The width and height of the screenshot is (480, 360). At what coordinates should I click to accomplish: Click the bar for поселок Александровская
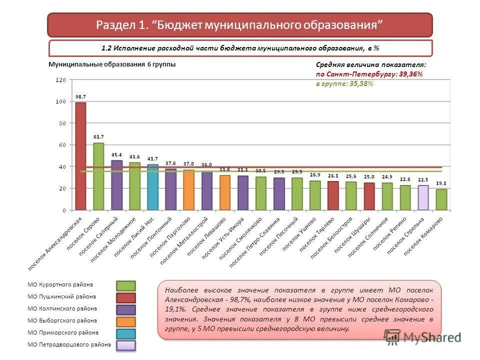80,156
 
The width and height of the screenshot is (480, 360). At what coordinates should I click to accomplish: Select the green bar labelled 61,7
98,176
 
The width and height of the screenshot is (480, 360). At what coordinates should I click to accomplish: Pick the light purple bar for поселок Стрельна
423,197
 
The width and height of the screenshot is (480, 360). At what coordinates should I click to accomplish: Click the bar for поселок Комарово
441,199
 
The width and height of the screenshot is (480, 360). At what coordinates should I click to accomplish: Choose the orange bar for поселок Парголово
188,189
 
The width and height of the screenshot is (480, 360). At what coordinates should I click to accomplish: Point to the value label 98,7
80,96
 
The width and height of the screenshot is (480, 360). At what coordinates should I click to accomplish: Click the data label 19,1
441,183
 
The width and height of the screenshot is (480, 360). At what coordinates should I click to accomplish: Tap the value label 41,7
152,158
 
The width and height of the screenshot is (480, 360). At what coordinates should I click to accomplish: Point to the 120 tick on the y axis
60,80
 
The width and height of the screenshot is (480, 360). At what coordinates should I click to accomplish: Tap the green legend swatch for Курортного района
126,285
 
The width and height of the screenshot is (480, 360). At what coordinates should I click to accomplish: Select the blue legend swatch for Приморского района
126,333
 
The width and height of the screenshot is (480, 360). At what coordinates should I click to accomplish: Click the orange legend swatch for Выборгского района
126,321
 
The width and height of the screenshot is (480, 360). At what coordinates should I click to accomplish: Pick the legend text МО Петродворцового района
69,344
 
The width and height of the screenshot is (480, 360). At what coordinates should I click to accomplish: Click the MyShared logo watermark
422,336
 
